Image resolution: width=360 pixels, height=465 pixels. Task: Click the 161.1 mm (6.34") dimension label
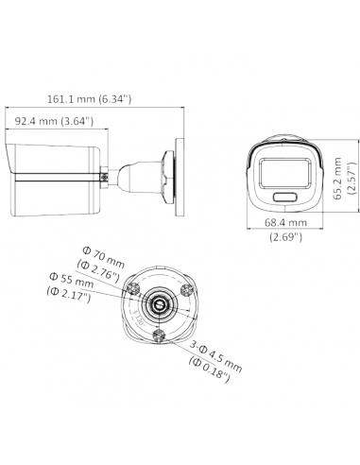[x=89, y=99]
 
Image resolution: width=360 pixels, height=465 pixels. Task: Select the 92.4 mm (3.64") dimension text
[x=54, y=121]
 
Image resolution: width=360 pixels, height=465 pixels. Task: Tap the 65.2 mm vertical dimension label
[x=338, y=178]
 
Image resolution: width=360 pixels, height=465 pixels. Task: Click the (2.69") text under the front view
[x=285, y=236]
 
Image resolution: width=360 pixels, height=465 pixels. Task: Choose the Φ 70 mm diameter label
[x=104, y=257]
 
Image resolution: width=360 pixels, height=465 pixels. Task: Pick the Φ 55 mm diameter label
[x=72, y=280]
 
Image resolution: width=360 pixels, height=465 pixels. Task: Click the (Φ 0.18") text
[x=209, y=370]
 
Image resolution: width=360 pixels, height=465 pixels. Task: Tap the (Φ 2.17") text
[x=69, y=294]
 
